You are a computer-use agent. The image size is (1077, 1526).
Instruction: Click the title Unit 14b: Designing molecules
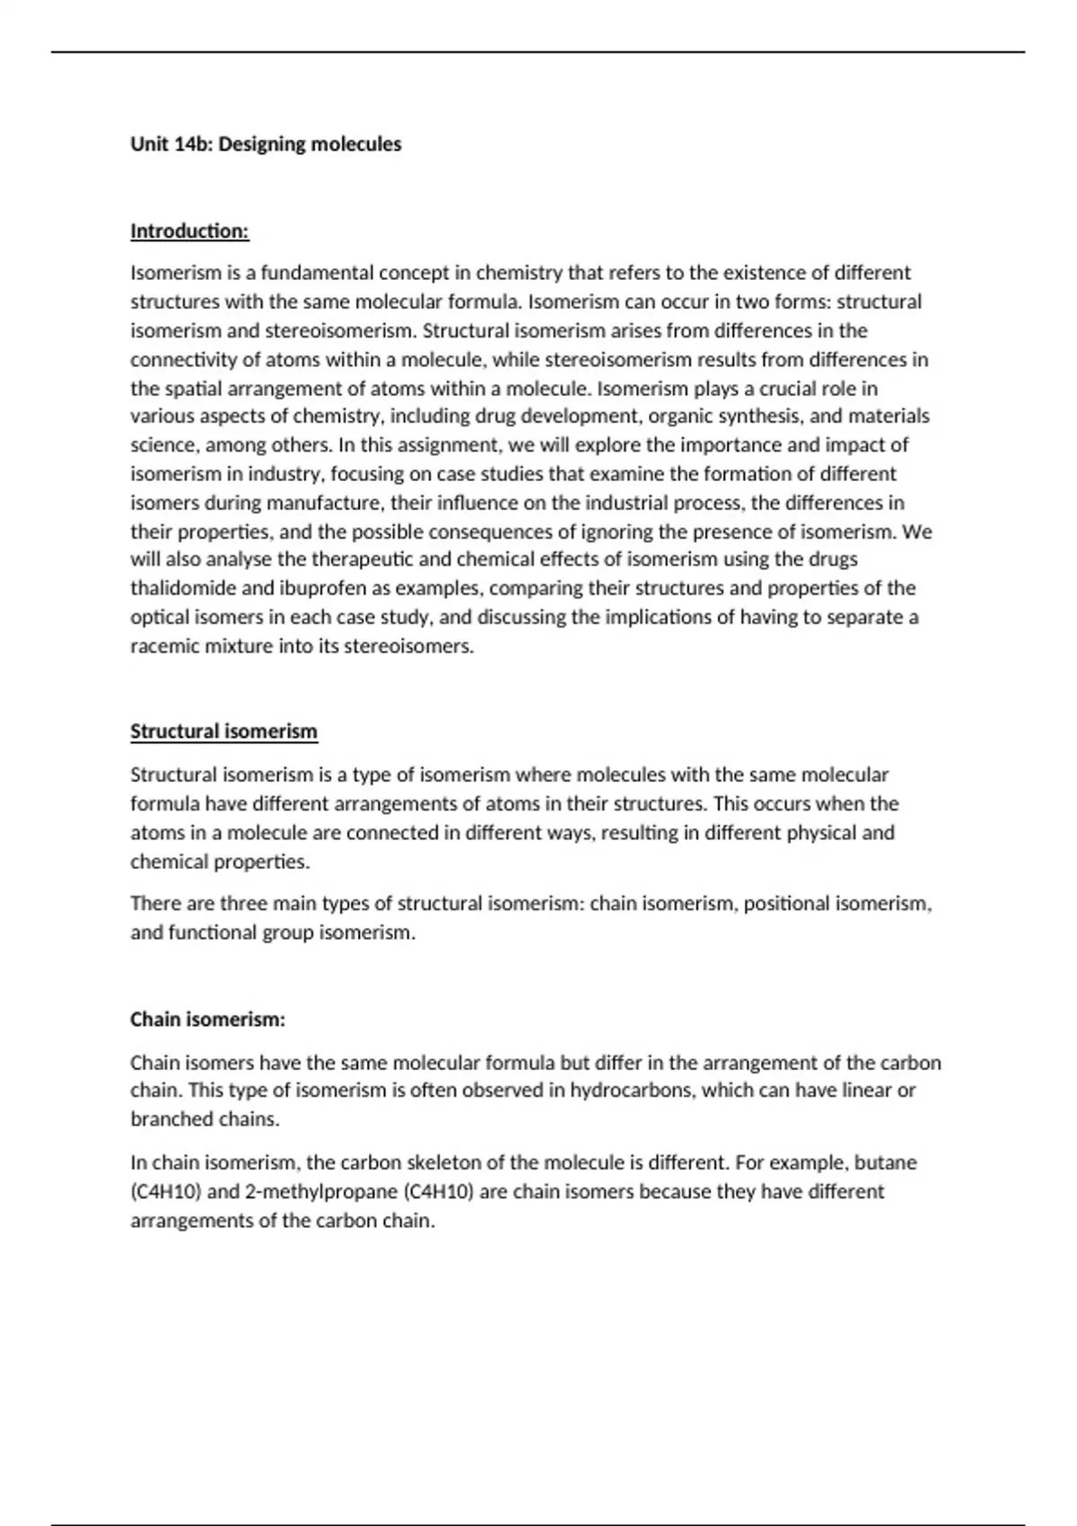(x=266, y=145)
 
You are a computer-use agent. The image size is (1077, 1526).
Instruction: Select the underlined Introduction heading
(x=189, y=232)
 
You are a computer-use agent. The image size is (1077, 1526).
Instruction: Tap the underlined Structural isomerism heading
(x=223, y=732)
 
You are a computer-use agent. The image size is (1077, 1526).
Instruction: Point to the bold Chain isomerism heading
(x=207, y=1020)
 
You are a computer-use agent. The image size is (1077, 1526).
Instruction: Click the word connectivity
(x=183, y=360)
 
